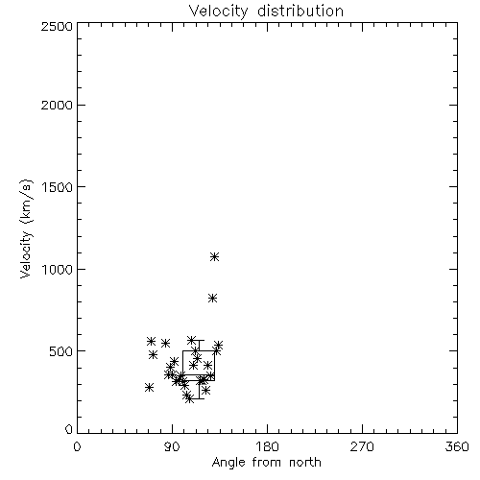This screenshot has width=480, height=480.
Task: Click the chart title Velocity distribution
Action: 266,12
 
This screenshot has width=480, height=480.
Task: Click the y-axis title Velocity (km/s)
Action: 26,228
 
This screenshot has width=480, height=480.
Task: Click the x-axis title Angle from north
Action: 266,463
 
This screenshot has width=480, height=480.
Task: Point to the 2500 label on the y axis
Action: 57,26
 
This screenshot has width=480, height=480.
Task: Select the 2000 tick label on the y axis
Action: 57,105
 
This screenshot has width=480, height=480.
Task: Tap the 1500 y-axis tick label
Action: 58,187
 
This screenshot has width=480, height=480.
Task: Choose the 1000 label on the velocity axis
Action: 58,270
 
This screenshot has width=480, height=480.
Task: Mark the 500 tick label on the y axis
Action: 61,351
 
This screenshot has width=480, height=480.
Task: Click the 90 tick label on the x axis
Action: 172,446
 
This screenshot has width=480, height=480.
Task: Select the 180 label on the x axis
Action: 267,446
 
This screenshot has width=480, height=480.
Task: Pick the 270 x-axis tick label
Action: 362,446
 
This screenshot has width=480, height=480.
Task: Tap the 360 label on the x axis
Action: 457,446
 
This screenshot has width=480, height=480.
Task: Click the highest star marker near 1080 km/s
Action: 214,256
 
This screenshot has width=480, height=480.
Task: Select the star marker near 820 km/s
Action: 212,299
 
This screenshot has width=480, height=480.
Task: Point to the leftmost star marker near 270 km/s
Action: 149,387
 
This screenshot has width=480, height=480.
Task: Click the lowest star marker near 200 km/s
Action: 189,398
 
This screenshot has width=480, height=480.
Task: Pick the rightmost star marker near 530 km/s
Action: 219,345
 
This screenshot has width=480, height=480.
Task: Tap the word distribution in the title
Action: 300,11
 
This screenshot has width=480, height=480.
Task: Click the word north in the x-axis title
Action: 305,463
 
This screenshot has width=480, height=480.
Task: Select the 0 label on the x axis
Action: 77,446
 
